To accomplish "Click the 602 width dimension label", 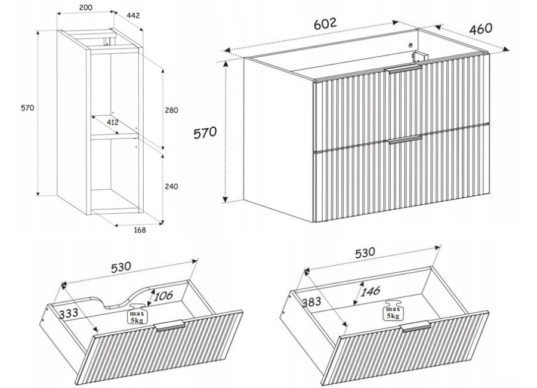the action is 326,24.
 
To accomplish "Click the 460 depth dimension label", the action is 480,29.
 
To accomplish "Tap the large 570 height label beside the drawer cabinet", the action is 205,133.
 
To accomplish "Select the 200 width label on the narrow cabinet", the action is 85,8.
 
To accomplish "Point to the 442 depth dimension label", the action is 133,16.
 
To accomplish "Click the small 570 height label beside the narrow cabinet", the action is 27,108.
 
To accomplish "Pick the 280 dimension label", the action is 171,110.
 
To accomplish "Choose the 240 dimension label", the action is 171,186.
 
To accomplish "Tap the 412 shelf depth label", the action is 112,122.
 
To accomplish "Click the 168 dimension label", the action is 139,230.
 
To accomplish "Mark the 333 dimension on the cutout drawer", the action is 69,313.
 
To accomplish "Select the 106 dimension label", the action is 163,295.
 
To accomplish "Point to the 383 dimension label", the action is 311,301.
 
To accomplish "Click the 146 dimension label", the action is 371,292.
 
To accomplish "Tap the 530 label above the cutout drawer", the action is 121,267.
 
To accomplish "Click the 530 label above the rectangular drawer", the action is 365,253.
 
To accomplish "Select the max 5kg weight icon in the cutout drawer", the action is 138,313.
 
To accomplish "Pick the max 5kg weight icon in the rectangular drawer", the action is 393,310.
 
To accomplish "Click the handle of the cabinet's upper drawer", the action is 405,70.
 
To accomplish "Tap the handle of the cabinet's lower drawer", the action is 405,140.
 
